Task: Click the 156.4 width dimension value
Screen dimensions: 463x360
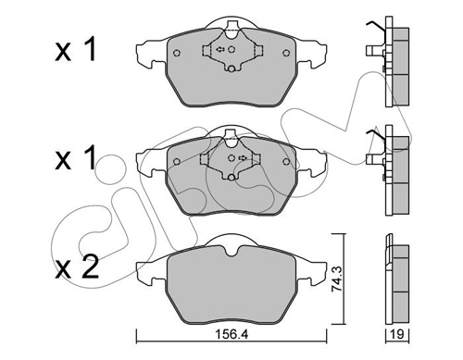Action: [231, 334]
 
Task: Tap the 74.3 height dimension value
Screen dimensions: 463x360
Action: [336, 279]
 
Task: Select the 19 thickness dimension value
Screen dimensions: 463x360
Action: [397, 334]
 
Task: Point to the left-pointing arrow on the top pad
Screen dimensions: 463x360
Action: [220, 49]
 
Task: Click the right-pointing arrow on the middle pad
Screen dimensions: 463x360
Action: [243, 158]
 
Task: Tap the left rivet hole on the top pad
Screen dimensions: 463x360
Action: [177, 53]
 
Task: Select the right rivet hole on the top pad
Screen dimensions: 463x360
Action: [286, 53]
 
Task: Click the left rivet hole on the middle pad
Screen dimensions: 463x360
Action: [177, 162]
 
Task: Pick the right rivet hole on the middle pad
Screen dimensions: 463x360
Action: [286, 162]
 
